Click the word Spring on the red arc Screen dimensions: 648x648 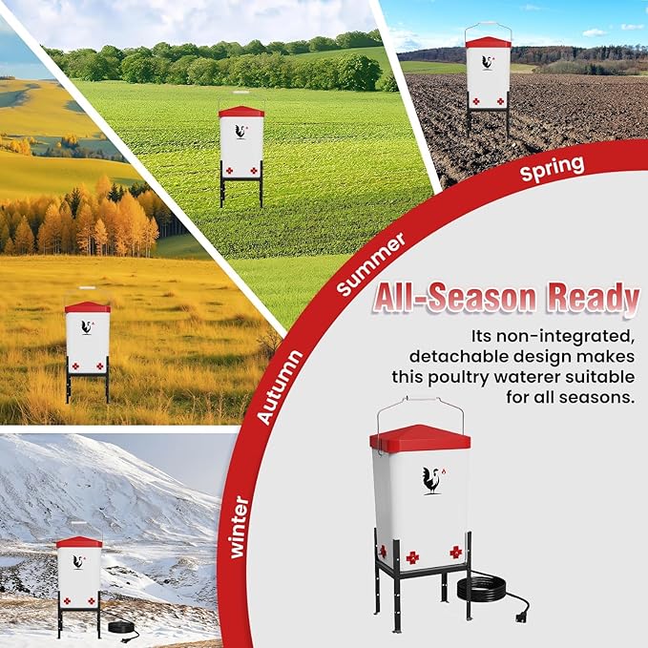tap(553, 169)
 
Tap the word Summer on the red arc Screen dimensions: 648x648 tap(370, 264)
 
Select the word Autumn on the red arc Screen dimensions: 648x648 tap(280, 387)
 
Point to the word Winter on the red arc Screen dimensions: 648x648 tap(240, 528)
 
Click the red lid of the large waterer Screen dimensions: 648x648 tap(420, 438)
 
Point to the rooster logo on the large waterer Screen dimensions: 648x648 tap(433, 481)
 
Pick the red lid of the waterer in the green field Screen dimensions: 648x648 tap(241, 112)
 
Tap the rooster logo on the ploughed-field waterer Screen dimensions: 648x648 tap(488, 62)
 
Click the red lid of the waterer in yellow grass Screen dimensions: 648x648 tap(88, 307)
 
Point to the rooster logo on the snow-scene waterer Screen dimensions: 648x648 tap(78, 562)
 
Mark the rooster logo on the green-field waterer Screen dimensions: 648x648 tap(241, 132)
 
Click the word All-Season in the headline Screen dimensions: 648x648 tap(454, 299)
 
